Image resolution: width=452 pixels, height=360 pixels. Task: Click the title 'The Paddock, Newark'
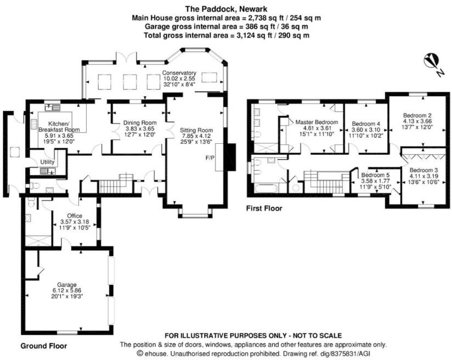pos(226,9)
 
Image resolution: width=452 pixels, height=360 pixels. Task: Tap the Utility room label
pos(48,162)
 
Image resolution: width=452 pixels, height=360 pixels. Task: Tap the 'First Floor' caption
pos(264,209)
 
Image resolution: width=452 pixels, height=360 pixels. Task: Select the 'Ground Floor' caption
pos(44,346)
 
